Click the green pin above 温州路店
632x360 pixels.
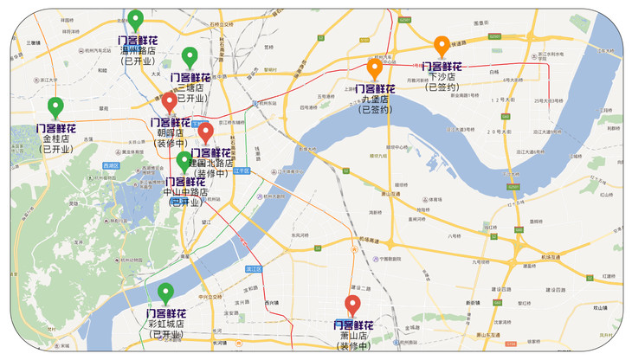tap(135, 19)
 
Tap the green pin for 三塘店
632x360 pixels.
tap(190, 56)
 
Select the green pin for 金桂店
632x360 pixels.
tap(55, 106)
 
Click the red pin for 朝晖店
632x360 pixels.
tap(169, 102)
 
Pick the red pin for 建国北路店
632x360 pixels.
tap(205, 132)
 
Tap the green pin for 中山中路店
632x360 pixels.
tap(184, 160)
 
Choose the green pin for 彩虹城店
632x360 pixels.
tap(164, 292)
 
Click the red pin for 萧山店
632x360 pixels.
tap(352, 305)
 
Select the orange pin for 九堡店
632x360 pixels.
tap(375, 67)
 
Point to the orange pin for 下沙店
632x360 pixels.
tap(441, 45)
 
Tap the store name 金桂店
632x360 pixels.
tap(55, 139)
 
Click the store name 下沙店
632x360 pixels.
tap(442, 76)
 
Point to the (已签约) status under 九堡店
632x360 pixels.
tap(375, 110)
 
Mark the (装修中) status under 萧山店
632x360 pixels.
tap(352, 346)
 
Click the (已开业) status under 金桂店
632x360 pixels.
tap(55, 150)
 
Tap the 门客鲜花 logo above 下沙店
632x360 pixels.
tap(442, 66)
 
